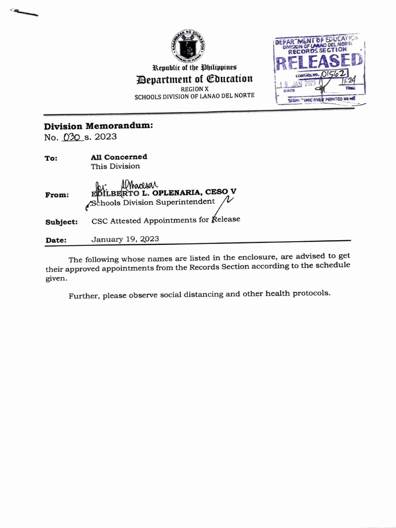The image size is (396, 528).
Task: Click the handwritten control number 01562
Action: coord(334,74)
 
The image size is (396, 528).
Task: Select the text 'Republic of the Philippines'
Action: coord(194,68)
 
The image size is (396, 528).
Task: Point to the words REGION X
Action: coord(194,89)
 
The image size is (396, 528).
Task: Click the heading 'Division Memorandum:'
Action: coord(98,126)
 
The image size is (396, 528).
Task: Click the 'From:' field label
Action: coord(57,195)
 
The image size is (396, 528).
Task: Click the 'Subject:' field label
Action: coord(61,222)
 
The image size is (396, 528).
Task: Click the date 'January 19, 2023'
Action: coord(125,239)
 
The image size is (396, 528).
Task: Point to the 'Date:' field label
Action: coord(56,240)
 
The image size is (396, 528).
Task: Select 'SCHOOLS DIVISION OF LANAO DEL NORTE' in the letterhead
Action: coord(194,96)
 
